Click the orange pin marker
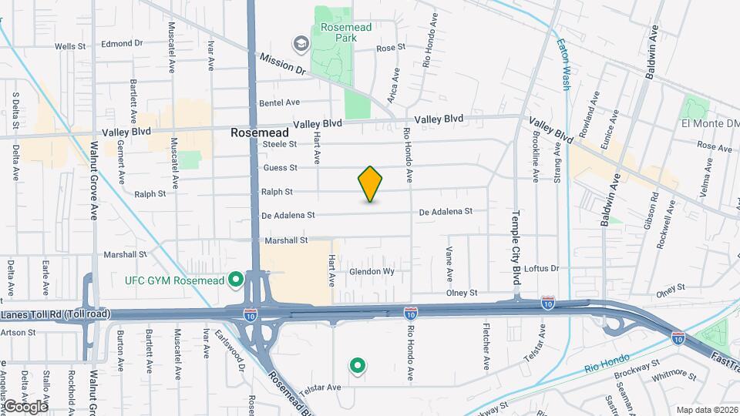[x=370, y=184]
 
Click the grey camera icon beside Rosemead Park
[x=299, y=42]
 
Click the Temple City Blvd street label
[x=516, y=245]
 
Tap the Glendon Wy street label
[x=372, y=272]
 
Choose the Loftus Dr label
[x=541, y=269]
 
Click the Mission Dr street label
[x=282, y=63]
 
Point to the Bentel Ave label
[x=279, y=102]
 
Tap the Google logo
[x=25, y=406]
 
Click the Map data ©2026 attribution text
[x=706, y=410]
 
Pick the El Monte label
[x=710, y=123]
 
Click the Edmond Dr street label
[x=123, y=44]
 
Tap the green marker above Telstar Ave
[x=357, y=366]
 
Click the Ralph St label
[x=277, y=192]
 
